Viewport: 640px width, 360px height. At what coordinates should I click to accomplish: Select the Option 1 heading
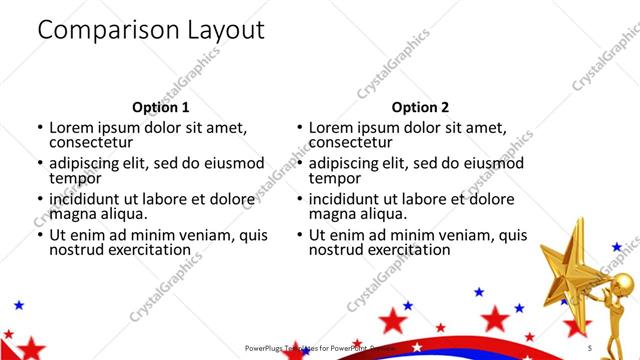pos(160,107)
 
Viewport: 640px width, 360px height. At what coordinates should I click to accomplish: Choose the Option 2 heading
pos(420,107)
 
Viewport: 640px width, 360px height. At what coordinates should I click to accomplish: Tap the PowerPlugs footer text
pos(310,348)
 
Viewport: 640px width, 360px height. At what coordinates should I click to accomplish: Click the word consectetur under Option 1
pos(91,144)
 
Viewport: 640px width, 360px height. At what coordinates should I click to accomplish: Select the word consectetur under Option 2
pos(351,144)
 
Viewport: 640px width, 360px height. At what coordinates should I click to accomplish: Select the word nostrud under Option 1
pos(76,251)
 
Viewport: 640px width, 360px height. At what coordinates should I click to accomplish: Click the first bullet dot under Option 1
pos(39,128)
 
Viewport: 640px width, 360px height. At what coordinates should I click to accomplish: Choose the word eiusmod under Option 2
pos(494,163)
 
